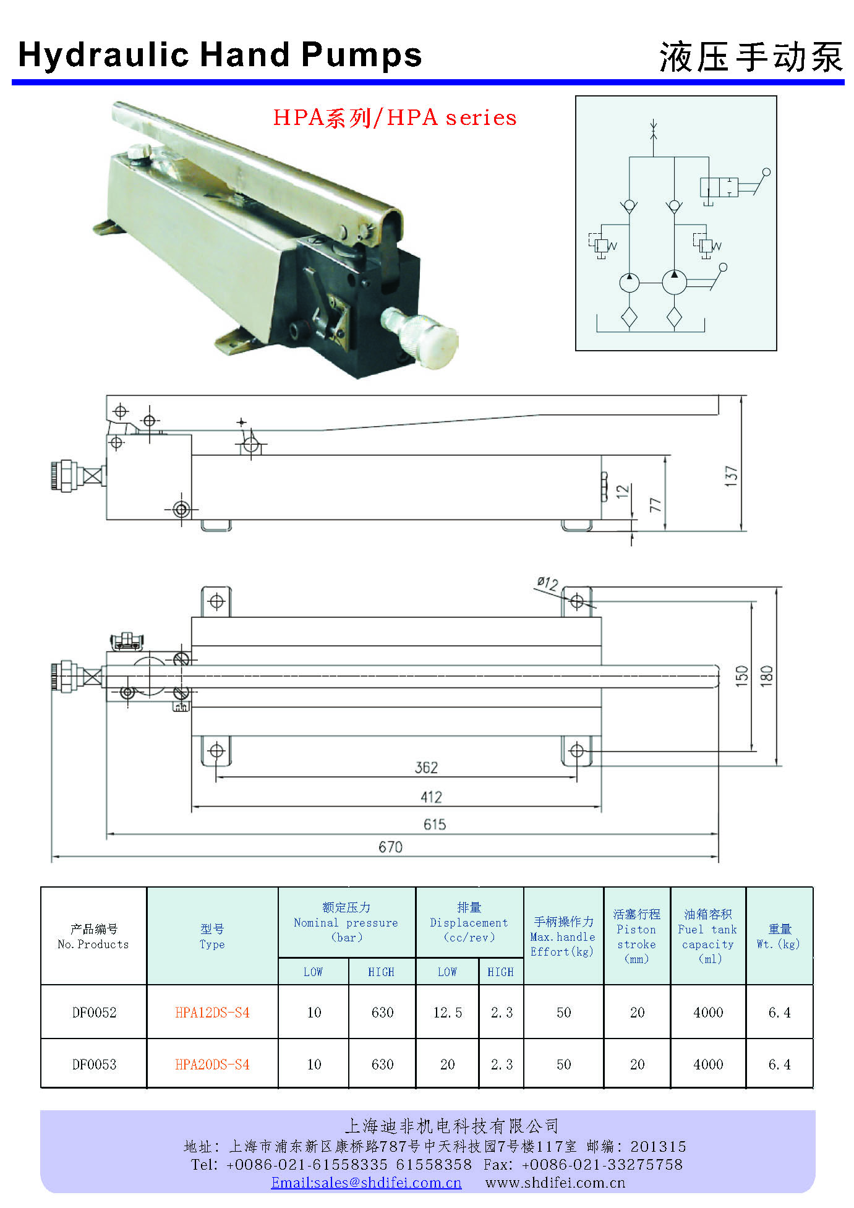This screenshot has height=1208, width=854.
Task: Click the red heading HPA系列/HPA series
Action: pos(395,118)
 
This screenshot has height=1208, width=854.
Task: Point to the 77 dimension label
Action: pos(655,504)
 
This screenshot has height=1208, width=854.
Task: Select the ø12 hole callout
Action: pos(548,583)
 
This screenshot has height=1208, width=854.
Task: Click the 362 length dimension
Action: pos(426,768)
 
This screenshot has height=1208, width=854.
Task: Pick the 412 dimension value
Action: pos(431,797)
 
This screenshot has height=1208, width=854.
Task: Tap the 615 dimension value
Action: pos(434,825)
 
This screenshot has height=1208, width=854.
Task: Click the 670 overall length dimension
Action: pos(390,847)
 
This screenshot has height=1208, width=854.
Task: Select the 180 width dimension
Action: pos(766,675)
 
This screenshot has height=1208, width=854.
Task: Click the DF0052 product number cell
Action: pos(94,1013)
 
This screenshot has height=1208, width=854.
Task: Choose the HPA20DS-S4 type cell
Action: pos(212,1064)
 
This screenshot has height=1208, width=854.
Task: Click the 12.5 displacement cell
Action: pos(447,1013)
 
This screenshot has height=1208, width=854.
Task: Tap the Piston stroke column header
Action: pos(636,936)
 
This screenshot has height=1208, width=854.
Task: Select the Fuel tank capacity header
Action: pos(707,936)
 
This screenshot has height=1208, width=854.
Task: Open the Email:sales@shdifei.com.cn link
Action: pos(366,1183)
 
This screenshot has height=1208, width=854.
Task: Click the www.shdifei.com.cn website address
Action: pos(555,1183)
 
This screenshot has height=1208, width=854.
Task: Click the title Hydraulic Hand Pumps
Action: pos(220,55)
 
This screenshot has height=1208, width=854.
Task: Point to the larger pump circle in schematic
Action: pos(674,282)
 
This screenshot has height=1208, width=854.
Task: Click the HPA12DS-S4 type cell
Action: pos(212,1013)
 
